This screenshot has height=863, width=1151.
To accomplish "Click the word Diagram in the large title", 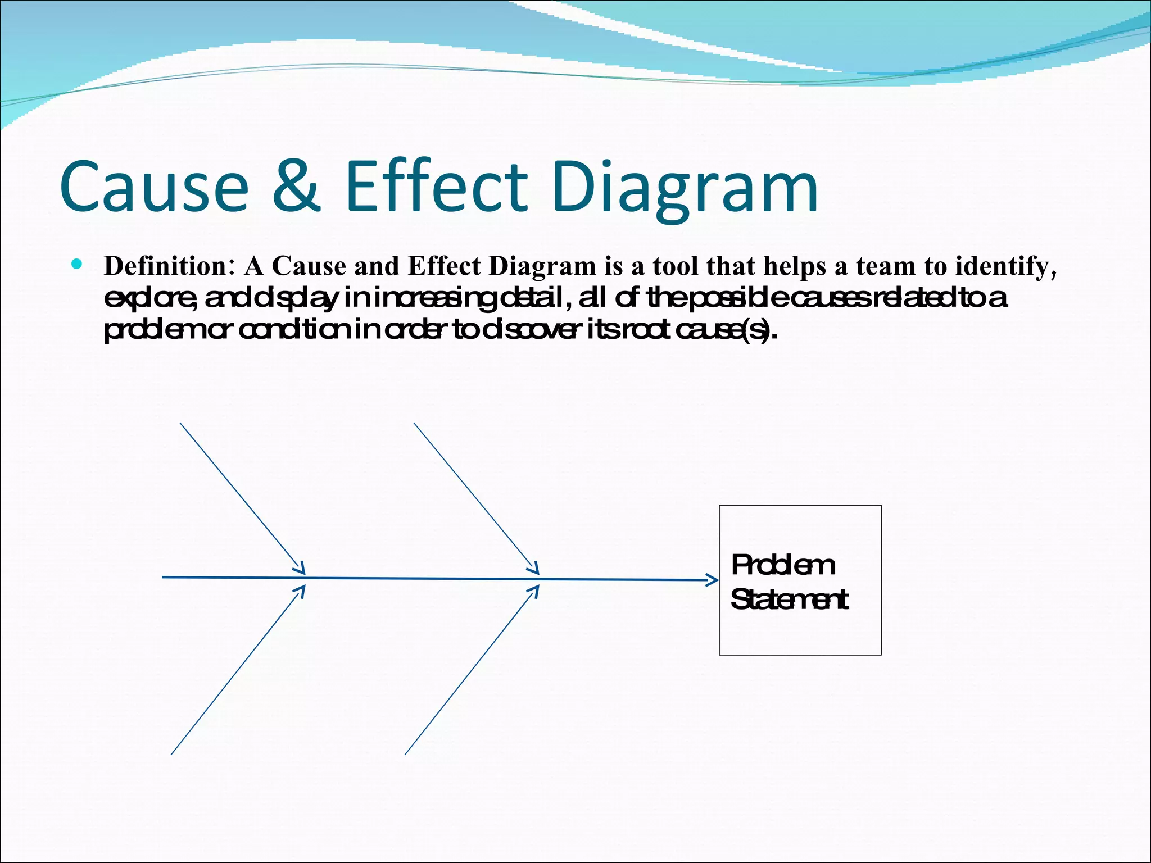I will coord(685,188).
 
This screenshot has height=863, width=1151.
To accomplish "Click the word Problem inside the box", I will coord(783,565).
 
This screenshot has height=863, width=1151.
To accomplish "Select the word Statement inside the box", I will coord(789,599).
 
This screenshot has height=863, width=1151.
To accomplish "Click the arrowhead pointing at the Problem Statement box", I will coord(713,580).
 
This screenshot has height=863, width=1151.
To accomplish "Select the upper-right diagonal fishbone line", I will coord(475,497).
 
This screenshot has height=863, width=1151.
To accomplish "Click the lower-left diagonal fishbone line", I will coord(236,671).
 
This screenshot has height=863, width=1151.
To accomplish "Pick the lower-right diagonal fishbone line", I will coord(470,671).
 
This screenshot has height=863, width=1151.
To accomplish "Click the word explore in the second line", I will coord(149,299).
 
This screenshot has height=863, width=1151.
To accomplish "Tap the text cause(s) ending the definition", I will coord(725,331).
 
